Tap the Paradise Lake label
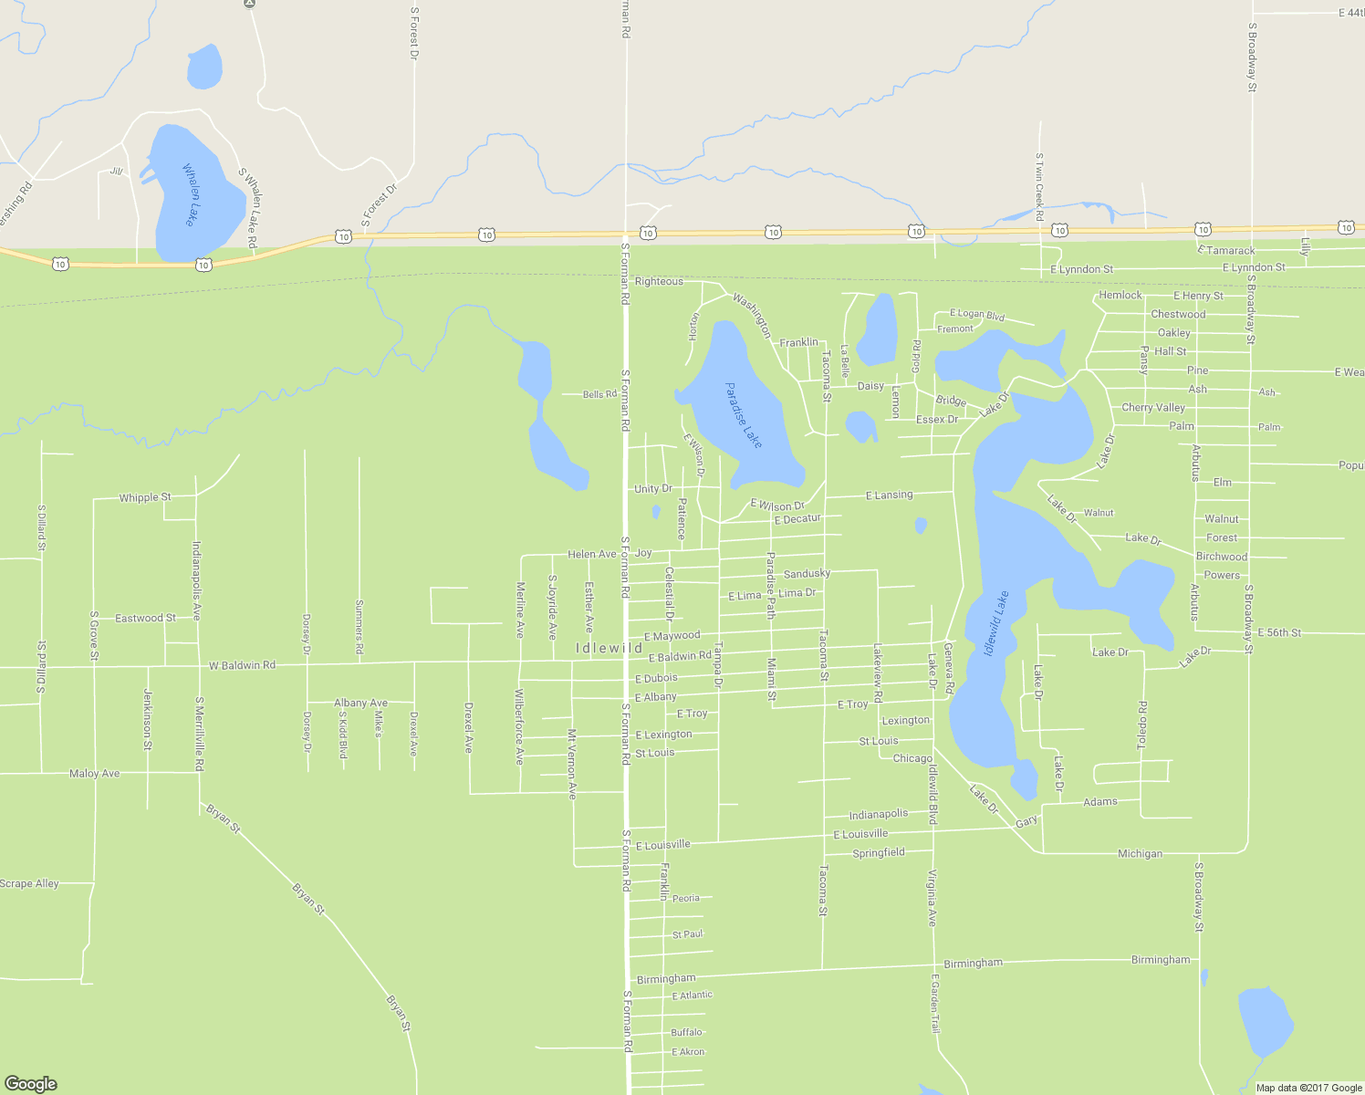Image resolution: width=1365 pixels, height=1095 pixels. point(744,414)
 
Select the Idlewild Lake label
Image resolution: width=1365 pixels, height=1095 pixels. point(996,624)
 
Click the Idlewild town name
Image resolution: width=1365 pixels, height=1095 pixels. point(610,648)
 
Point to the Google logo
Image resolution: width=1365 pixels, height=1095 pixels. point(30,1083)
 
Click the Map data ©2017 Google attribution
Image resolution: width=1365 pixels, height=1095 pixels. point(1308,1087)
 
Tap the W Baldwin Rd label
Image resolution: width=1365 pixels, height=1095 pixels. point(242,665)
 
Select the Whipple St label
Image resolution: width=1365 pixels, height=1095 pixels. point(144,497)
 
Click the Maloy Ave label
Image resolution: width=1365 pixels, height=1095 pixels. point(94,773)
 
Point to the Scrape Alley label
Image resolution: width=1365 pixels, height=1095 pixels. point(29,883)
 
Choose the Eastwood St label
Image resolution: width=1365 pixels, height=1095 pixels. point(145,618)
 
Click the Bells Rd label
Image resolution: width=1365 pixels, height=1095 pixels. point(599,394)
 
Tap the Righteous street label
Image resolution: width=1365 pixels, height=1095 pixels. point(659,281)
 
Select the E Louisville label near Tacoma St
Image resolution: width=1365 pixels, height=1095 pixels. point(860,834)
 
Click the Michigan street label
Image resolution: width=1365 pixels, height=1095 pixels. point(1140,853)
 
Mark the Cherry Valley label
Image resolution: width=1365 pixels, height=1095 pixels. point(1152,408)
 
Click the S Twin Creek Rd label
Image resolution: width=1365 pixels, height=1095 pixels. point(1038,187)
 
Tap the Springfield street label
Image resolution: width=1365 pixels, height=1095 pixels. point(878,852)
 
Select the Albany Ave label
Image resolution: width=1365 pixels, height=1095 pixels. point(360,703)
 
